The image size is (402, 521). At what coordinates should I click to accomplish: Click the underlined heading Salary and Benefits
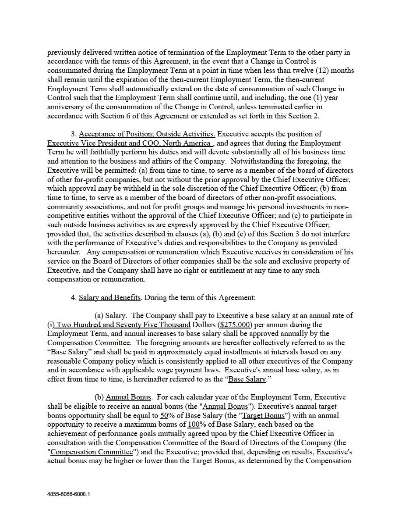pyautogui.click(x=109, y=297)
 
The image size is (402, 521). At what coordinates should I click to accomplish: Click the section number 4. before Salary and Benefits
pyautogui.click(x=74, y=297)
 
